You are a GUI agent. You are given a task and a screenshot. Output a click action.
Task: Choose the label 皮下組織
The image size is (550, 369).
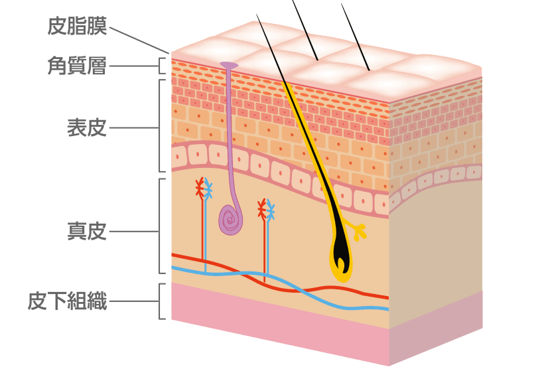click(67, 302)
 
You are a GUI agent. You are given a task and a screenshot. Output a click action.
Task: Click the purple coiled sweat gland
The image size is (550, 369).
click(232, 218)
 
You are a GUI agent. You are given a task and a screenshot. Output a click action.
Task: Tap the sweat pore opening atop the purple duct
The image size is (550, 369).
click(229, 65)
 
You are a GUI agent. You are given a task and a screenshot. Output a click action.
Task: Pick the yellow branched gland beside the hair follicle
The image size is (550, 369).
click(358, 232)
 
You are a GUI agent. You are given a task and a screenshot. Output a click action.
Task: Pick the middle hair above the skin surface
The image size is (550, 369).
click(305, 29)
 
